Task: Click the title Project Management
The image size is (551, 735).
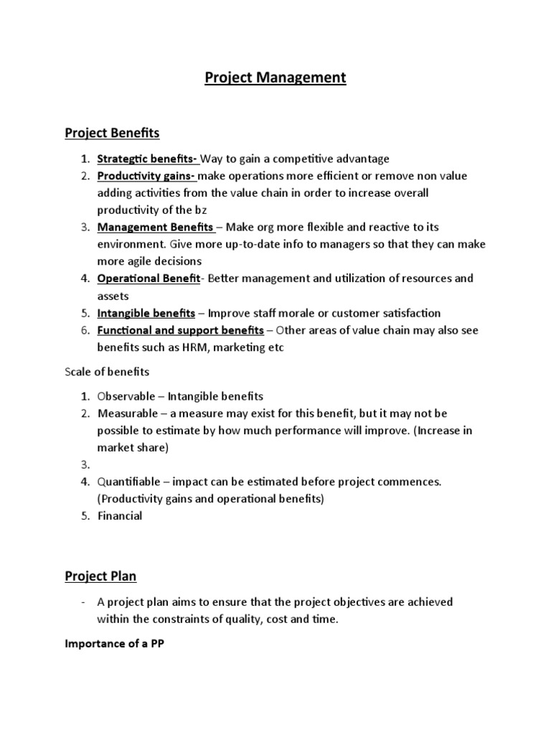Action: tap(275, 78)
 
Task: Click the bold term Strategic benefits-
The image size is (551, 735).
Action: tap(148, 159)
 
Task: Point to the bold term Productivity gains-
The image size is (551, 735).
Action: tap(146, 176)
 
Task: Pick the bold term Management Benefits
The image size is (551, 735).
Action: tap(155, 228)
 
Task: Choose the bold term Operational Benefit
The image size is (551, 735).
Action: tap(148, 278)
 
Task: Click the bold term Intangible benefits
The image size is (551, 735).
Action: tap(146, 313)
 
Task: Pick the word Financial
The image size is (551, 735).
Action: tap(120, 515)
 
